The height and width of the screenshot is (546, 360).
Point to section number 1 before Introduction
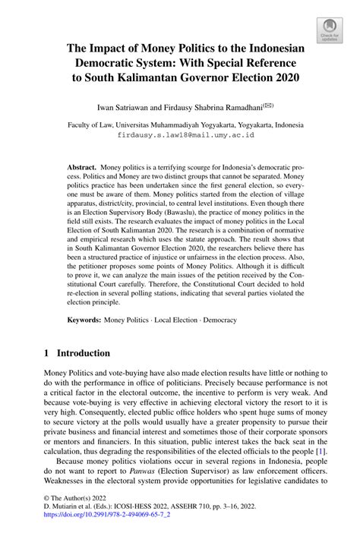47,353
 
